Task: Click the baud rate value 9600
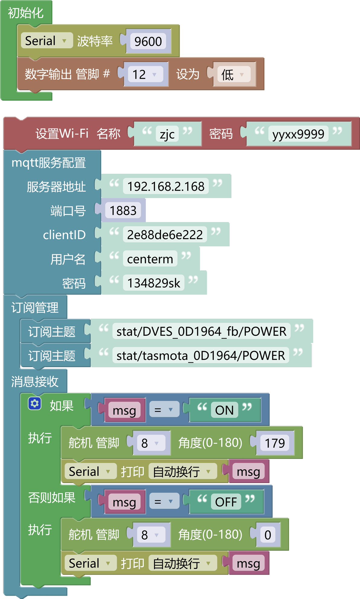point(148,41)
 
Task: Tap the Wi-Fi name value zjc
point(167,134)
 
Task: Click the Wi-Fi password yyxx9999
point(298,134)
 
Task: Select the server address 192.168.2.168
point(166,186)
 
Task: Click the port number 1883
point(123,210)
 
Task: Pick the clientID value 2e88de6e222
point(165,235)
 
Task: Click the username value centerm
point(150,259)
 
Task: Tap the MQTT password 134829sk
point(153,283)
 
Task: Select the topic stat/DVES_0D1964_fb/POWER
point(201,331)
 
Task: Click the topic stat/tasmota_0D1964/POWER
point(201,355)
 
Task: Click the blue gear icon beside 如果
point(35,403)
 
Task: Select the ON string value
point(224,410)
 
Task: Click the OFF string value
point(226,502)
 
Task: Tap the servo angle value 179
point(275,443)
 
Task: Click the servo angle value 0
point(268,535)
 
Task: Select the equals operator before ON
point(164,410)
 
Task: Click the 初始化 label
point(26,13)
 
